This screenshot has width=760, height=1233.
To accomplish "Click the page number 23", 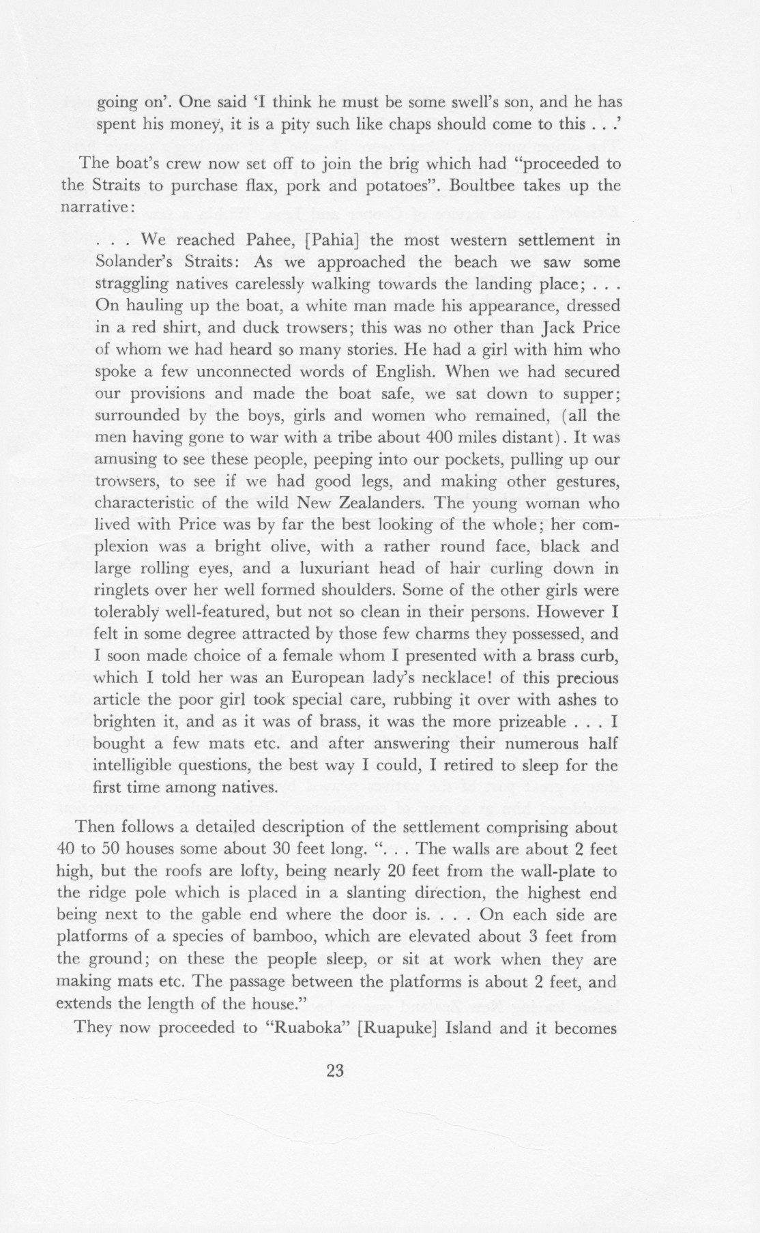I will (334, 1071).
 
